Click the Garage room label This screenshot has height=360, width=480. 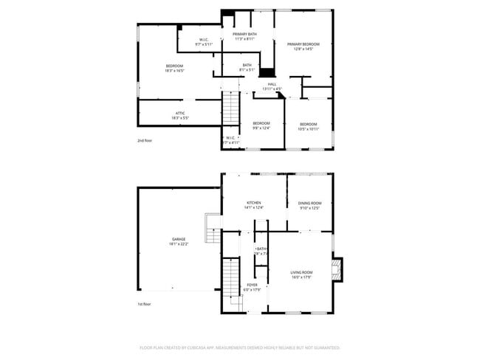click(179, 238)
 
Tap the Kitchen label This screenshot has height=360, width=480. click(254, 203)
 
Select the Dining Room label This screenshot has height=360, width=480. click(309, 203)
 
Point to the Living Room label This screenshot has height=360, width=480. click(301, 272)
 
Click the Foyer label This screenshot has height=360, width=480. click(252, 285)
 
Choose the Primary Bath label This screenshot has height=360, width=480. click(244, 35)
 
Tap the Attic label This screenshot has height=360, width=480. click(180, 113)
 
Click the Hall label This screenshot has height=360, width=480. click(272, 84)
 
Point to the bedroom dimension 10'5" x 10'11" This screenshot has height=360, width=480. click(308, 128)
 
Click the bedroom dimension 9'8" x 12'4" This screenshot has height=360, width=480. click(261, 128)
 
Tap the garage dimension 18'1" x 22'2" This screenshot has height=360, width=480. click(179, 243)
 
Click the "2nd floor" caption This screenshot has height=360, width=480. click(145, 140)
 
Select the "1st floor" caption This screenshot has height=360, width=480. click(145, 304)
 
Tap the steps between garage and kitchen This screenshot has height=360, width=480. click(213, 229)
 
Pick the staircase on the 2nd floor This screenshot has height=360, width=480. click(232, 108)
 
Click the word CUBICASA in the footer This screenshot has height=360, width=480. click(219, 347)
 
